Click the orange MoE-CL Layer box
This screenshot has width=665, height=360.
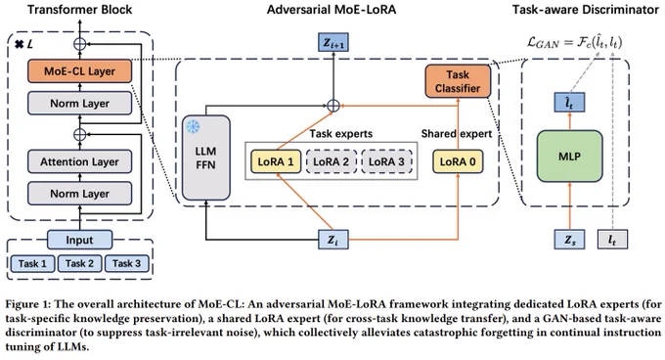pos(80,70)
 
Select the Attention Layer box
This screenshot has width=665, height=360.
pos(80,161)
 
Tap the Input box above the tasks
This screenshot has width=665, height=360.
pos(80,240)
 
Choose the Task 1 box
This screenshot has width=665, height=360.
pos(32,263)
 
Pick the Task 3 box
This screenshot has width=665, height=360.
pos(126,263)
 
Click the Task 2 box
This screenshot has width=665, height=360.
pos(79,263)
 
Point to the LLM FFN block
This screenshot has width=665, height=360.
pos(206,157)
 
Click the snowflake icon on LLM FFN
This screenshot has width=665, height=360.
pos(193,127)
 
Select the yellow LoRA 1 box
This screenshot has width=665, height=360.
pos(276,161)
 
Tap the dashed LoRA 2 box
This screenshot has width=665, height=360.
pos(332,161)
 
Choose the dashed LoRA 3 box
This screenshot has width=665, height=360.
pos(386,161)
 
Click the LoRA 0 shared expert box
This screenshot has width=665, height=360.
pos(458,161)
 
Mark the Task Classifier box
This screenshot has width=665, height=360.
pos(458,81)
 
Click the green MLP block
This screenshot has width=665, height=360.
pos(569,157)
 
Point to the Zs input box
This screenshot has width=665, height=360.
pos(569,240)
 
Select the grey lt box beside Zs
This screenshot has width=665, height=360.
pos(612,240)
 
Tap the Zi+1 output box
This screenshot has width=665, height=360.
pos(333,42)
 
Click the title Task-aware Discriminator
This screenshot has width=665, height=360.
pos(585,10)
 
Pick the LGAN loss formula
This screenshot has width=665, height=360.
pos(574,42)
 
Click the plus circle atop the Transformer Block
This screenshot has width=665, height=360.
pos(80,43)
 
